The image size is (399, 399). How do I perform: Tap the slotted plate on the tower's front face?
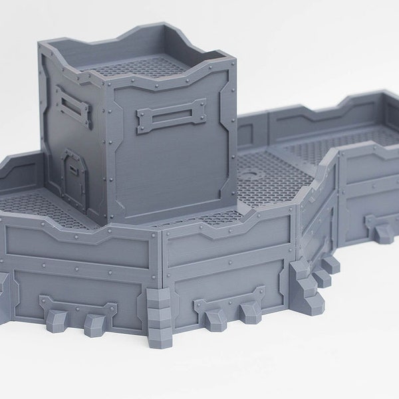point(171,116)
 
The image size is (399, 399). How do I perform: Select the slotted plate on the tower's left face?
point(73,104)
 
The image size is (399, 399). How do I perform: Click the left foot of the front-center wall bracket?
point(213,318)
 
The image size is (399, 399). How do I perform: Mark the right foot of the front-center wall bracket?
point(249,311)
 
